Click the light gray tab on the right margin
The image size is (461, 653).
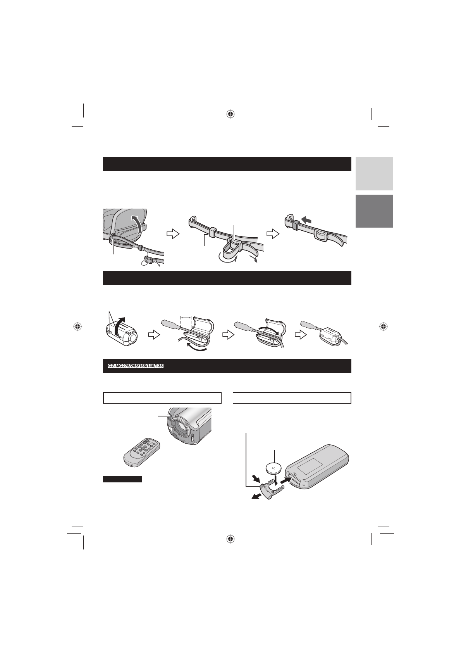point(374,173)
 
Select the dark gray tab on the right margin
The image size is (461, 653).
point(374,211)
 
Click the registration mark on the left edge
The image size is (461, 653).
point(78,326)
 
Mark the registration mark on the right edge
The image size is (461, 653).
point(383,326)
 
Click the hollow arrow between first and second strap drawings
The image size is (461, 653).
point(172,234)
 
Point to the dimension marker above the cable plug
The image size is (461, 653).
point(186,317)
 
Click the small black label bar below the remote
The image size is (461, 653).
point(122,480)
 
